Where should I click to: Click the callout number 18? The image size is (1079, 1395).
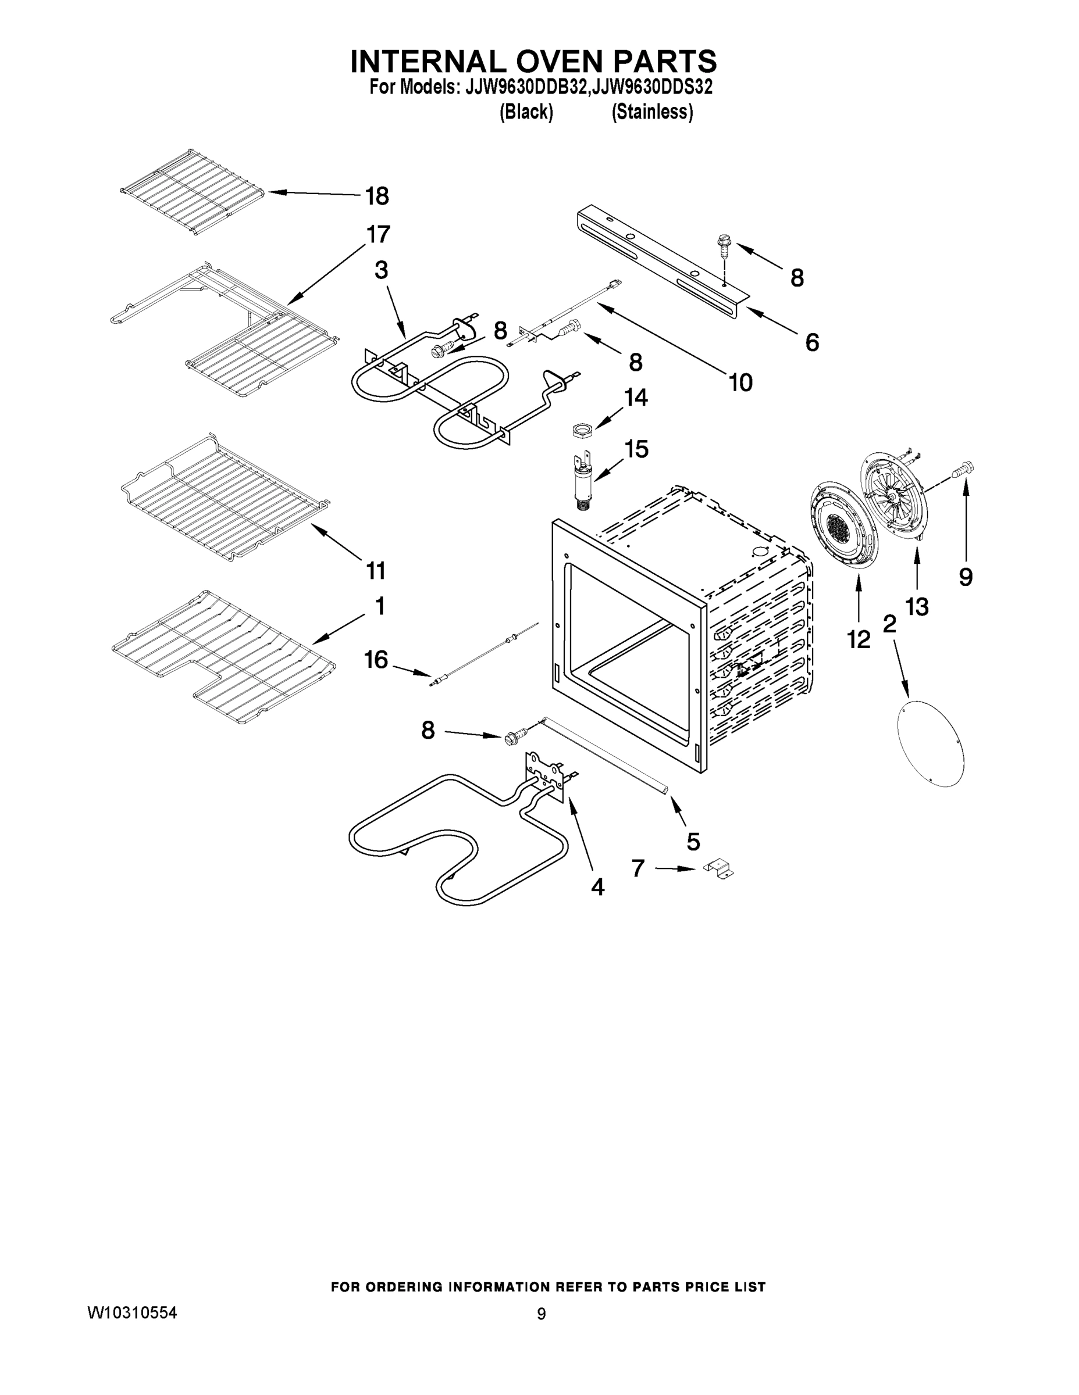pos(377,196)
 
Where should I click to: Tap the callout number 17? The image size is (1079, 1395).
pos(379,234)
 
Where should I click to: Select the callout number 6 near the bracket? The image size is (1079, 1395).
pos(812,342)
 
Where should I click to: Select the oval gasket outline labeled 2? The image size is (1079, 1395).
pos(930,742)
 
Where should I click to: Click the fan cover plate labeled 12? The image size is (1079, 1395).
pos(844,525)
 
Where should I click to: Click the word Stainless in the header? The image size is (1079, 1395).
pos(652,112)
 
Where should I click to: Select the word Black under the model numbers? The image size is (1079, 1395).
pos(526,112)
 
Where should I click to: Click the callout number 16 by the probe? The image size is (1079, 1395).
pos(376,659)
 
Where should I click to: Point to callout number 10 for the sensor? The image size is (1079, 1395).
pos(740,382)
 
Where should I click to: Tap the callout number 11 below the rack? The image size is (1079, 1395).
pos(376,570)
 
